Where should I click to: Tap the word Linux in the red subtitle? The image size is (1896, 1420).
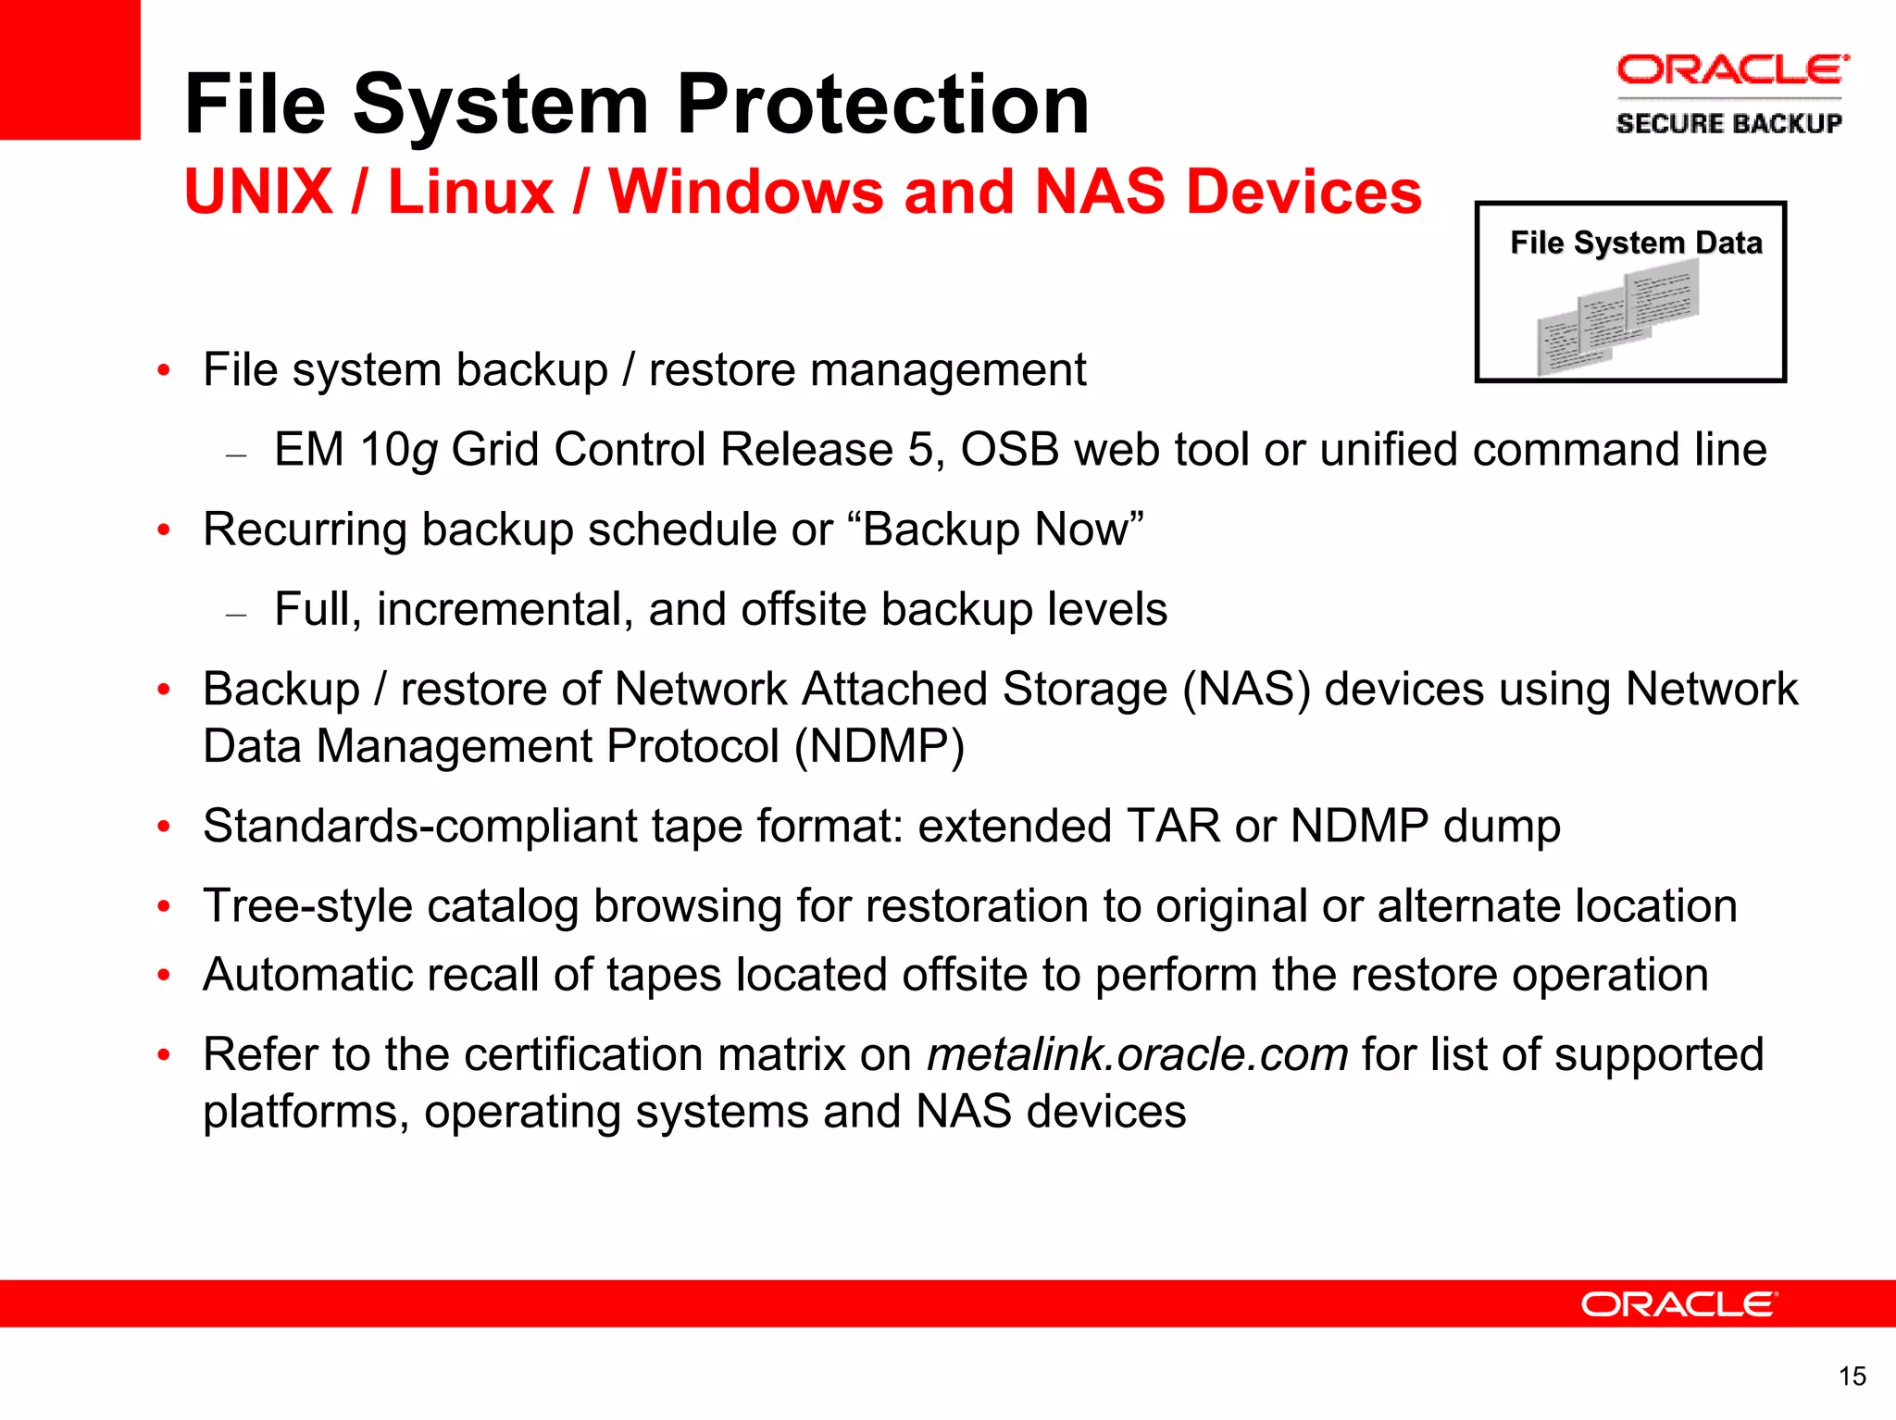tap(469, 192)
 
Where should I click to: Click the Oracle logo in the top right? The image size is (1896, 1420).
tap(1731, 70)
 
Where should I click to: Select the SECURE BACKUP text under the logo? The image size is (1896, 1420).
tap(1728, 123)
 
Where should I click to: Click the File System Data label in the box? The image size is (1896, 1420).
tap(1636, 243)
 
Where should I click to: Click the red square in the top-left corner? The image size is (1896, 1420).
tap(69, 69)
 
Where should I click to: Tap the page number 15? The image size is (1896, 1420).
tap(1852, 1376)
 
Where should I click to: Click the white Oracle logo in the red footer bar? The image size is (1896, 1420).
tap(1678, 1304)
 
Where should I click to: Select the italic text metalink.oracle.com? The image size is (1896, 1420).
tap(1138, 1054)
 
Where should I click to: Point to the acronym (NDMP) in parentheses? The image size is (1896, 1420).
tap(879, 746)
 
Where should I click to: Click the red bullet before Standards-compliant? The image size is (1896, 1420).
tap(164, 827)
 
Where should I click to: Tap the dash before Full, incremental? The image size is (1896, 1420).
tap(236, 613)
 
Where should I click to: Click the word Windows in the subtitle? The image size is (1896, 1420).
tap(746, 192)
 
